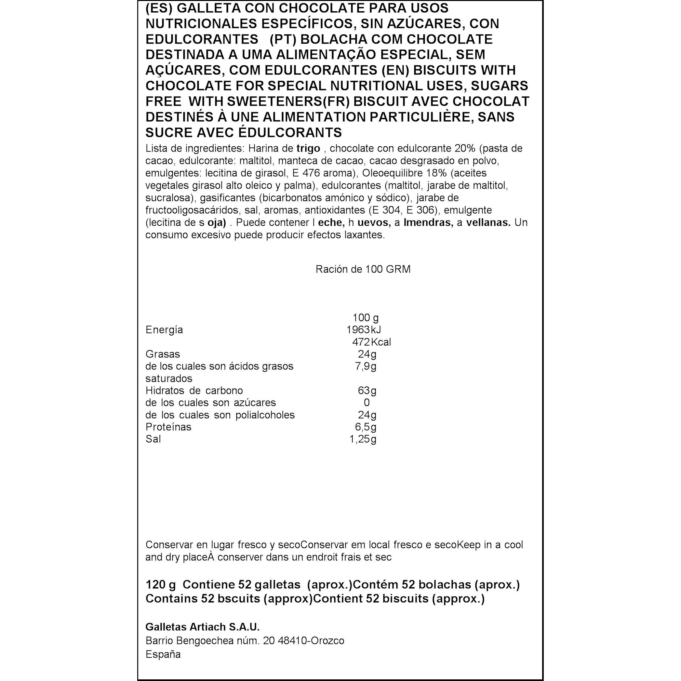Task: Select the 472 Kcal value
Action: pos(371,342)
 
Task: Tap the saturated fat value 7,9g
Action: pos(366,366)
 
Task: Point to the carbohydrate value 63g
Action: pos(367,391)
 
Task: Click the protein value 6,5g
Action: pos(366,427)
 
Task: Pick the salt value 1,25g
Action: pos(363,439)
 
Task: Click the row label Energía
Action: pos(164,330)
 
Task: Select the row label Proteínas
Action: pos(168,427)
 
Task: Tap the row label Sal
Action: pos(153,439)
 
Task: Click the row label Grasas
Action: pos(163,354)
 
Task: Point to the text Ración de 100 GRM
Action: pos(363,269)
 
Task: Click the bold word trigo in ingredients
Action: pos(308,148)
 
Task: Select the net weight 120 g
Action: pos(160,584)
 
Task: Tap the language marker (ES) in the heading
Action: pos(154,8)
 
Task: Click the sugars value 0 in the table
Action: pos(367,403)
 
